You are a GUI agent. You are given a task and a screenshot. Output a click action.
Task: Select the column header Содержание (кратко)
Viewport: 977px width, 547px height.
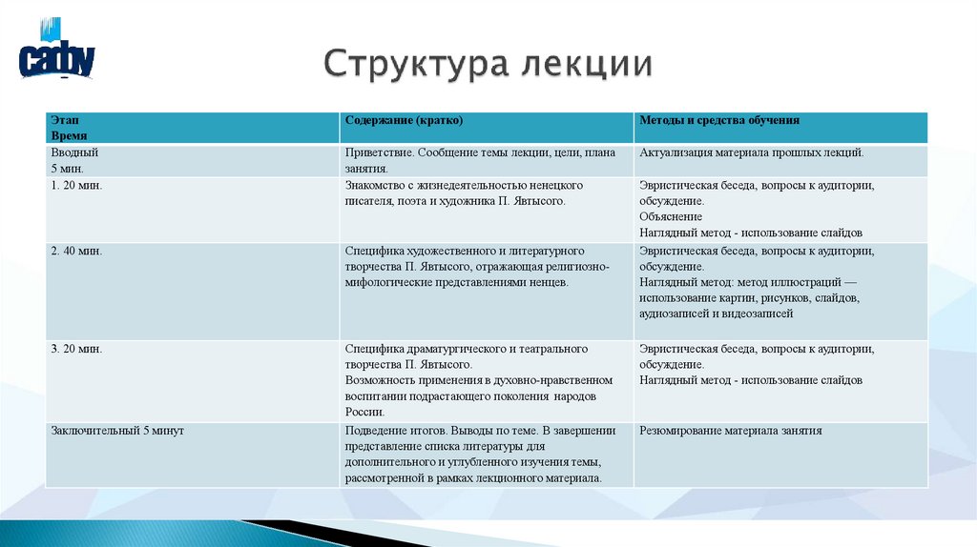[404, 121]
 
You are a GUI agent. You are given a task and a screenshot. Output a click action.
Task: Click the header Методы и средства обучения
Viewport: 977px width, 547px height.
[719, 121]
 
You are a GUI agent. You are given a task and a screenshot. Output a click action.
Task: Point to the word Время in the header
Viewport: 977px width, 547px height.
[68, 136]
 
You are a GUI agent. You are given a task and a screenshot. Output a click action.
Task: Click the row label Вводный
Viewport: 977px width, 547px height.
[74, 152]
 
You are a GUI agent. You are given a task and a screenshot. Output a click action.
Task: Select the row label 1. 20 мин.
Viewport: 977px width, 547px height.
[76, 186]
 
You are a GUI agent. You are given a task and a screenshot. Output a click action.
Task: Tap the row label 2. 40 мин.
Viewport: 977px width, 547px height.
[76, 252]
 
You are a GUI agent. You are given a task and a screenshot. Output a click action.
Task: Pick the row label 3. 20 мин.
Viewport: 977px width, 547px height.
[76, 349]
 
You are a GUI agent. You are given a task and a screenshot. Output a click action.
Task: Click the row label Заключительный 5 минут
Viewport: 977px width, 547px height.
[117, 431]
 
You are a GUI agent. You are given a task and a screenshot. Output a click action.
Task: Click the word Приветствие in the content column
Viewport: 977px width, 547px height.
[379, 152]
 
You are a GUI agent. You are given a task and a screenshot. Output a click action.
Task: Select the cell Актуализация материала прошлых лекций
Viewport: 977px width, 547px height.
[752, 152]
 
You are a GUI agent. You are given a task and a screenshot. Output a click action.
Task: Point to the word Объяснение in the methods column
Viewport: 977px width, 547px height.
[671, 216]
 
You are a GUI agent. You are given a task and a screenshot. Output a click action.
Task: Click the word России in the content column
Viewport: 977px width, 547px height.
[364, 413]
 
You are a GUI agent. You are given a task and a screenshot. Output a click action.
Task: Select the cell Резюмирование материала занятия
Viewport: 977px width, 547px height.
[730, 431]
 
